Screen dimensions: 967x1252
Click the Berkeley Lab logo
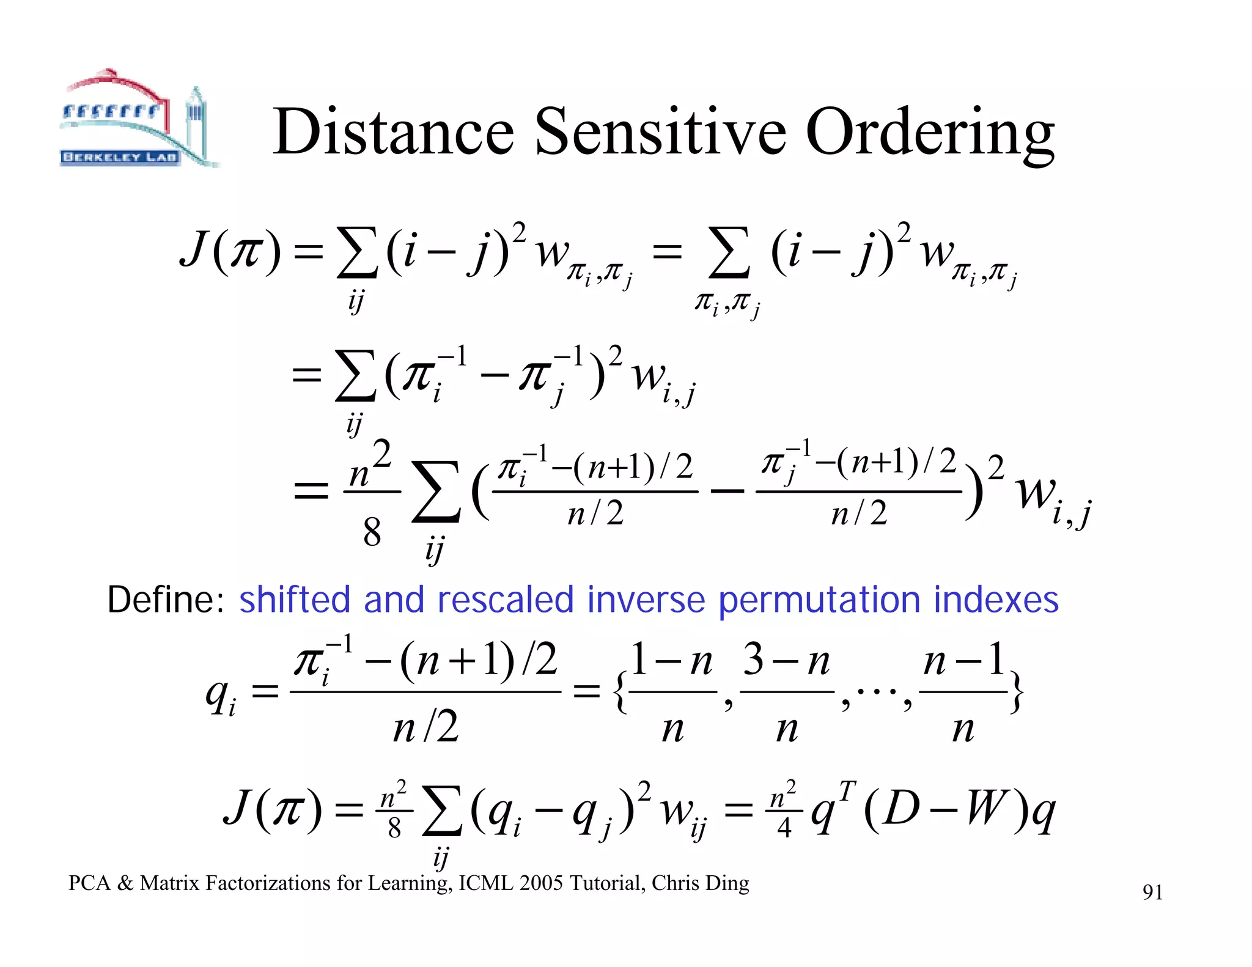138,119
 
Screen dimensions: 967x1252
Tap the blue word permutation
819,601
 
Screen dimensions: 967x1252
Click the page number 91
1152,892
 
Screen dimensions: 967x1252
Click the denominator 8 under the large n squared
372,532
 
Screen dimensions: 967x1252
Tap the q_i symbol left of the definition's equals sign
221,697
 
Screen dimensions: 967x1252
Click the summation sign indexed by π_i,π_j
728,252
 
